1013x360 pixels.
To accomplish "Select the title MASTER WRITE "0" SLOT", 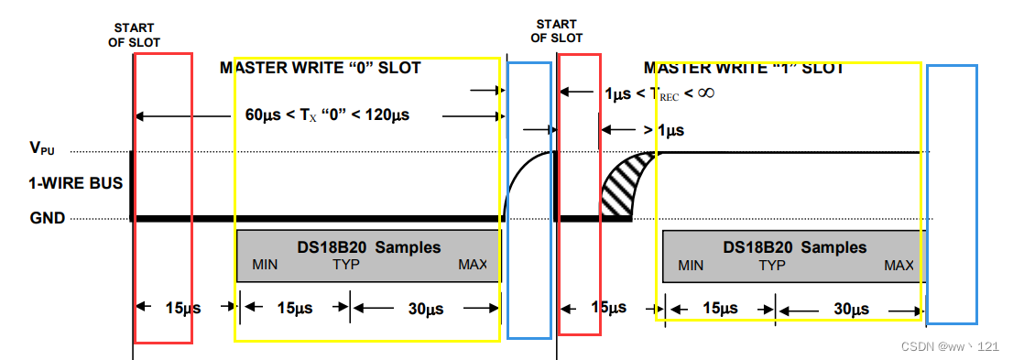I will click(321, 68).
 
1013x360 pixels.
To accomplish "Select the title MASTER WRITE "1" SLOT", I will click(744, 68).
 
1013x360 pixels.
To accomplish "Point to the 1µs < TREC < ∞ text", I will click(659, 93).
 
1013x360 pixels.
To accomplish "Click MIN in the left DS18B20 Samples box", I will click(265, 265).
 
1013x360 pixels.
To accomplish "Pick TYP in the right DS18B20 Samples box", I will click(772, 265).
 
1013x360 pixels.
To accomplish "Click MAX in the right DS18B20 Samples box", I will click(899, 265).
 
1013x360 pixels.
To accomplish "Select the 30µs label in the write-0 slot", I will click(426, 309).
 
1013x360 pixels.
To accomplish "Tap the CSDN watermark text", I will click(949, 346).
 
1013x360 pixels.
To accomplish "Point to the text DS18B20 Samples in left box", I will click(369, 246).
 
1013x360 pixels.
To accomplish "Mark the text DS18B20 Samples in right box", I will click(794, 246).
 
